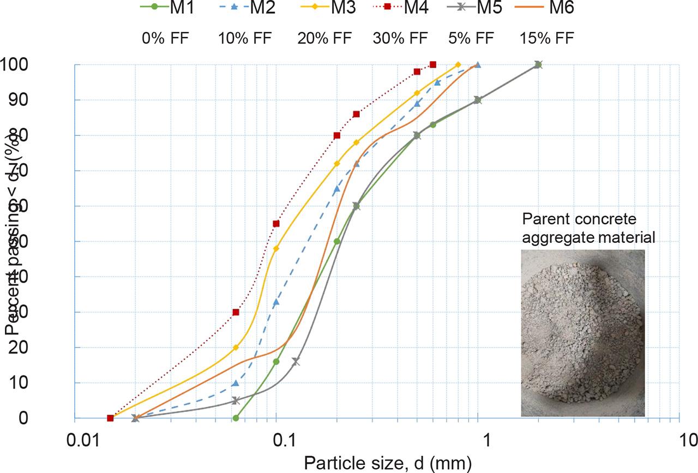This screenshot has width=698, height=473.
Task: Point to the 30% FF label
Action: pyautogui.click(x=400, y=38)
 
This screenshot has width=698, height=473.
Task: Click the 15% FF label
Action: pyautogui.click(x=547, y=38)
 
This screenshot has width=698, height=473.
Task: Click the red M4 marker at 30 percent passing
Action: pyautogui.click(x=236, y=312)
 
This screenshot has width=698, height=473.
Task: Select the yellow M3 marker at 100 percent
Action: pyautogui.click(x=458, y=65)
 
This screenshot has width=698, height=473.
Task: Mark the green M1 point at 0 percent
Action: pyautogui.click(x=236, y=418)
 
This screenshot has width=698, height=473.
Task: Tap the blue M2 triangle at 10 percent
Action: pyautogui.click(x=236, y=383)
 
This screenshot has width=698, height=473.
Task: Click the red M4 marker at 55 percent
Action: pyautogui.click(x=276, y=224)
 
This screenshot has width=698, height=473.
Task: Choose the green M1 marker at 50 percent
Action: pyautogui.click(x=337, y=241)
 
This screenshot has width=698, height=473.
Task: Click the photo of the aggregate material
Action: pyautogui.click(x=582, y=333)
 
